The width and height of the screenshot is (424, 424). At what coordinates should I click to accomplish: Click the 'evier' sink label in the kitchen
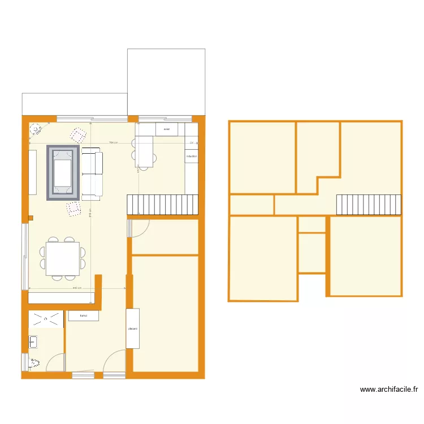point(166,129)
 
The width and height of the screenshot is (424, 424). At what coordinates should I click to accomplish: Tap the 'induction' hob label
point(191,156)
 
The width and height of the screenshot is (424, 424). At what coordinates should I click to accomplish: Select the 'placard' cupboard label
point(132,328)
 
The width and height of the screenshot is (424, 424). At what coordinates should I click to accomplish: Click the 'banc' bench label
point(83,316)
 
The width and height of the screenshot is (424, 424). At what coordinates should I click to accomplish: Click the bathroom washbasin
point(33,341)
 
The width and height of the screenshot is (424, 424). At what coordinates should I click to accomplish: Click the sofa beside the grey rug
point(93,173)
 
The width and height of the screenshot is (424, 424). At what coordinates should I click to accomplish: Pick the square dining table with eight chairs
point(62,259)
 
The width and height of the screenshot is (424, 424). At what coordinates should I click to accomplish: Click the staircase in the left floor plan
point(163,204)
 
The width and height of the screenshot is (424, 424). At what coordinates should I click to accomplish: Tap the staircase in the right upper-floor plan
point(369,205)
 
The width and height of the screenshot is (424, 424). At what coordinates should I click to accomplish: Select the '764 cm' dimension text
point(113,142)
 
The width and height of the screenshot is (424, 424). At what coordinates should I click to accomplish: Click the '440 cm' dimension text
point(77,288)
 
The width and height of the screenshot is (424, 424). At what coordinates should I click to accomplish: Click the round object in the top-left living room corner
point(36,130)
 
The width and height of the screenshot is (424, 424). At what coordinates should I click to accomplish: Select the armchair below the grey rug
point(73,209)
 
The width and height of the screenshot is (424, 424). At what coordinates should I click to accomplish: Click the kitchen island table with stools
point(145,152)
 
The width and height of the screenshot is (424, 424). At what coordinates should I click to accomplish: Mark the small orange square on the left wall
point(31,217)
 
